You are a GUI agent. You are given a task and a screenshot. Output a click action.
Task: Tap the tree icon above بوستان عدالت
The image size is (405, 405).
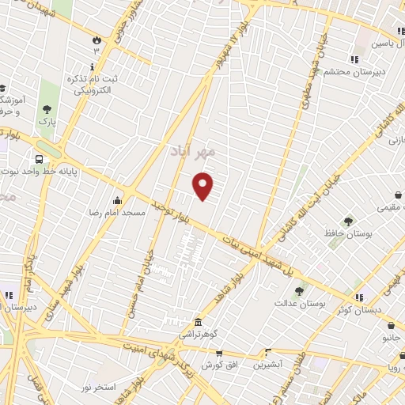299,291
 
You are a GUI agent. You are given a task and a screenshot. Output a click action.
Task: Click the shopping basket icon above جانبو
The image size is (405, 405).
392,324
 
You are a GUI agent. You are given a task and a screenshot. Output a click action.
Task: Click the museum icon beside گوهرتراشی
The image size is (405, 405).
198,323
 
